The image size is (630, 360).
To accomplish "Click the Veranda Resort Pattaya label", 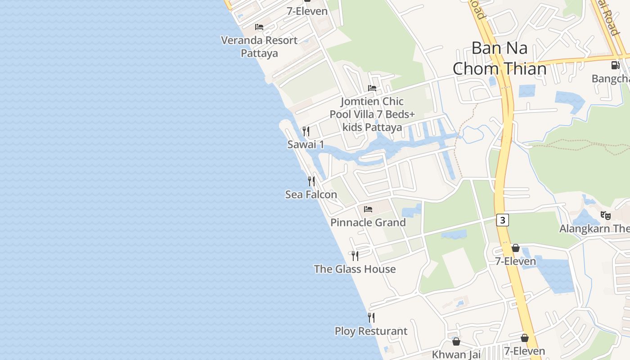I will pos(259,46).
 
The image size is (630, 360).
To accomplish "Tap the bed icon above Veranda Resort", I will pos(259,27).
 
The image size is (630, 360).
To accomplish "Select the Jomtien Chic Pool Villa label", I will pos(372,114).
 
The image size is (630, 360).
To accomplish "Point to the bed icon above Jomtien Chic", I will pos(372,88).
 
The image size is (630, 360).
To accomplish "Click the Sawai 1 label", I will pos(306,144).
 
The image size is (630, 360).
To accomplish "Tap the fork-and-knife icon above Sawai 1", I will pos(306,131).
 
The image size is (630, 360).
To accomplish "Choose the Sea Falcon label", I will pos(311,194).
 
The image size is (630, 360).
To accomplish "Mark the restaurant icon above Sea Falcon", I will pos(311,181).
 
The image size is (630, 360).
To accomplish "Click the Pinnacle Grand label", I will pos(368,222).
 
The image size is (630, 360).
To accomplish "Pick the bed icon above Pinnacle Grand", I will pos(368,209).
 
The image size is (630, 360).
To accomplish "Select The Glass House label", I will pos(355,269).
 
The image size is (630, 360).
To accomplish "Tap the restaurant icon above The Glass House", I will pos(355,256).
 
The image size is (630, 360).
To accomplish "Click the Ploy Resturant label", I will pos(371,331).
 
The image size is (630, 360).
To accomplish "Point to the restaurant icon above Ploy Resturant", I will pos(371,318).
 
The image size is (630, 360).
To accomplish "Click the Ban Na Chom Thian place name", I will pos(499,58).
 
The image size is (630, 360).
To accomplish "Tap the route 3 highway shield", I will pos(503,220).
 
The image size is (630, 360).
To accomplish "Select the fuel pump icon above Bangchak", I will pos(615,65).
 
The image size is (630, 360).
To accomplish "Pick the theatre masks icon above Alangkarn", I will pos(605,216).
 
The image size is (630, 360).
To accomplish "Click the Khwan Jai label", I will pos(456,354).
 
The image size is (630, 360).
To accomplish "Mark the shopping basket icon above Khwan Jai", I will pos(456,342).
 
